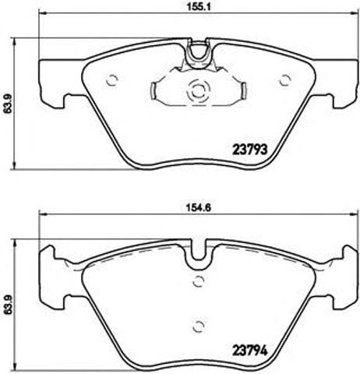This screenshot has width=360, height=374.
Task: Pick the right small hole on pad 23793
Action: (284, 78)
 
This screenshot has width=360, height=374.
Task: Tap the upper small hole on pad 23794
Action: (198, 280)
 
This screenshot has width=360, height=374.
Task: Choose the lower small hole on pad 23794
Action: (198, 326)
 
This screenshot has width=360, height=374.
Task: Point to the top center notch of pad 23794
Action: (198, 254)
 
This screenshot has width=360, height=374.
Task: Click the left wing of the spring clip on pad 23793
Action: (162, 92)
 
